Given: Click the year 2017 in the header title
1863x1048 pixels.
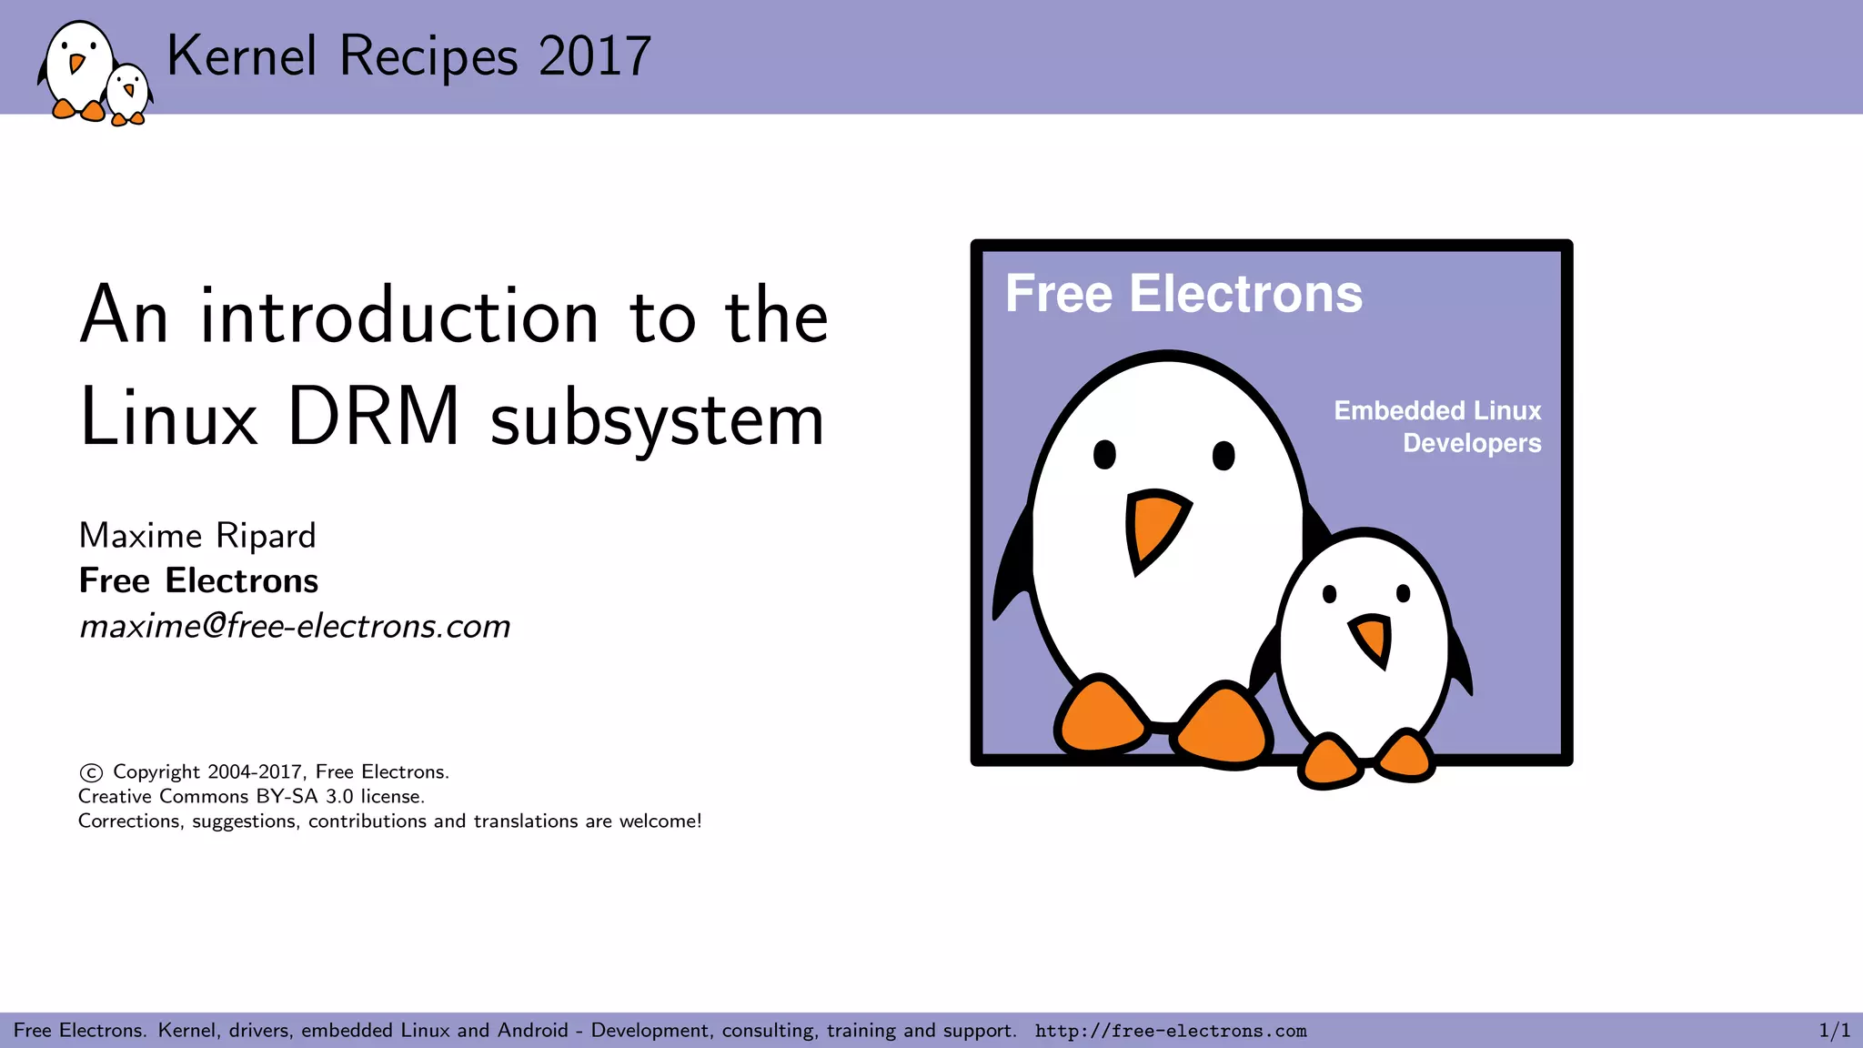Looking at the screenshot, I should [595, 56].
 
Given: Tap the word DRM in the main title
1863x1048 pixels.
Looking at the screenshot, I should [373, 418].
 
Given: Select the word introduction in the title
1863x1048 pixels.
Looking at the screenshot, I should [399, 316].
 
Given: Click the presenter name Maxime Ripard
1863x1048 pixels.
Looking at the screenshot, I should [197, 536].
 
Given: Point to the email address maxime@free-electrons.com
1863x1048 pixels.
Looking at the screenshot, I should [295, 626].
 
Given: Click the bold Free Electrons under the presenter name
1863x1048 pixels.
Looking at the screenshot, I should [198, 580].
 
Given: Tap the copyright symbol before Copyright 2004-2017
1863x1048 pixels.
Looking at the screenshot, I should [91, 773].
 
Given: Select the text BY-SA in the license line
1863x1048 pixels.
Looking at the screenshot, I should [287, 797].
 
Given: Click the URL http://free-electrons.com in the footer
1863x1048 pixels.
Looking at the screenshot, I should [1171, 1031].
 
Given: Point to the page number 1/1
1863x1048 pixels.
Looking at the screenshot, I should [1834, 1031].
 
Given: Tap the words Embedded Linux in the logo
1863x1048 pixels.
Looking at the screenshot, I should [1437, 411].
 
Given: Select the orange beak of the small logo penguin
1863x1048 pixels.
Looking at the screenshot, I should [1372, 638].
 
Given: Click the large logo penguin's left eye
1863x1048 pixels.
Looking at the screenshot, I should [1104, 454].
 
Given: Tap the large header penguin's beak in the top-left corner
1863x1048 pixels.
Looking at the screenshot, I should [77, 64].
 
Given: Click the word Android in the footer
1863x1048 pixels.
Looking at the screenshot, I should [532, 1031].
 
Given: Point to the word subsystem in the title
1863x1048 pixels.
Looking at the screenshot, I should [657, 420].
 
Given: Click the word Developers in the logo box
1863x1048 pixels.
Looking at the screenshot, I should [1472, 443].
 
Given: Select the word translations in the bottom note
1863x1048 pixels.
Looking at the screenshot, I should [526, 821].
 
